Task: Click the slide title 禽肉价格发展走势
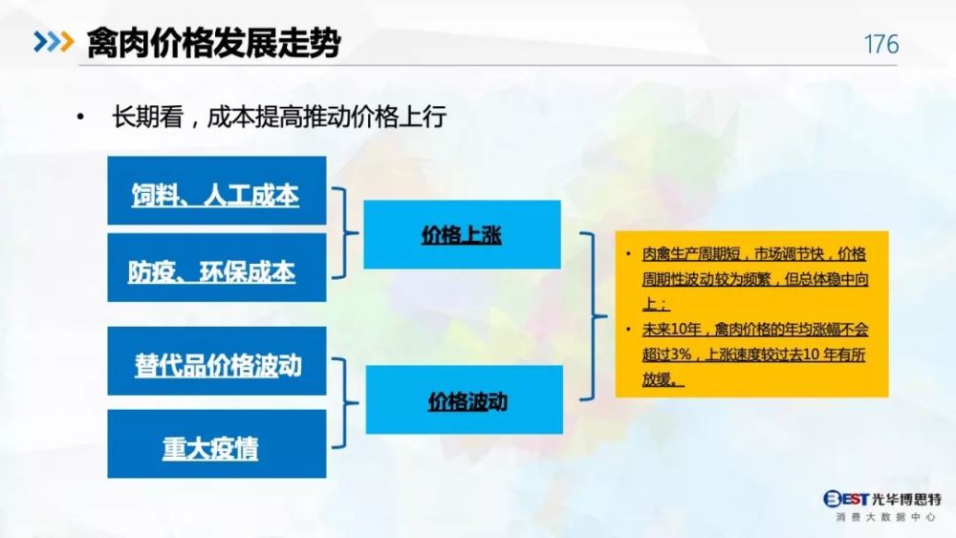point(213,43)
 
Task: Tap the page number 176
point(881,44)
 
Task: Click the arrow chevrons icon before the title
point(54,41)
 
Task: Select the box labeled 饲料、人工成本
point(216,191)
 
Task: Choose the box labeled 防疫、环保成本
point(216,268)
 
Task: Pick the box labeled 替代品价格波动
point(216,360)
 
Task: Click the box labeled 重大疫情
point(216,443)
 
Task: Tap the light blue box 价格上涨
point(462,234)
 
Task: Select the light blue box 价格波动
point(464,399)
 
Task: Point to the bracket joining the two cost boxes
point(346,233)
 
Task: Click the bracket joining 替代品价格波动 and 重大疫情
point(346,402)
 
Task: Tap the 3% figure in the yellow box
point(682,355)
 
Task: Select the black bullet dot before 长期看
point(80,117)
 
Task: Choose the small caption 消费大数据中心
point(885,517)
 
